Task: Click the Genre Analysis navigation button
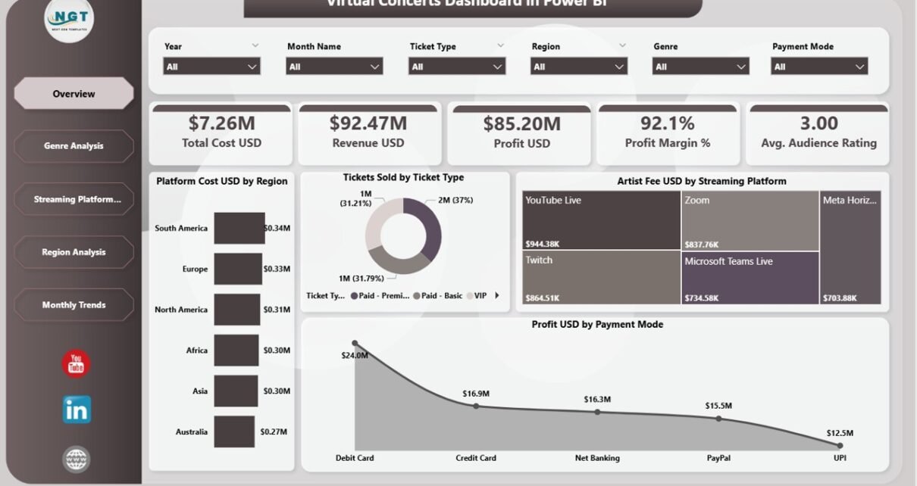[x=74, y=146]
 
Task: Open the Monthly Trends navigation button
[x=74, y=305]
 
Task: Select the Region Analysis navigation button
[x=74, y=252]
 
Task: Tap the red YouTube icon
[x=76, y=364]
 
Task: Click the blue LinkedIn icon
[x=77, y=410]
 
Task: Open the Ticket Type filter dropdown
[x=457, y=67]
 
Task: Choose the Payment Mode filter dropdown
[x=819, y=67]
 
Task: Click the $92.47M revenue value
[x=368, y=123]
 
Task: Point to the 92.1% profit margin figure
[x=667, y=123]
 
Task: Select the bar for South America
[x=239, y=228]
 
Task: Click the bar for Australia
[x=234, y=431]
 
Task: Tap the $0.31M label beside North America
[x=277, y=310]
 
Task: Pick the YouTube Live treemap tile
[x=602, y=220]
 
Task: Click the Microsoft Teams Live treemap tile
[x=750, y=277]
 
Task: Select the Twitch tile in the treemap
[x=602, y=277]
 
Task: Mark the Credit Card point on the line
[x=476, y=406]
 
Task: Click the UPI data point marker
[x=840, y=445]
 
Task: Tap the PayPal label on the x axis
[x=718, y=458]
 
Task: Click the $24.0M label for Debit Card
[x=354, y=355]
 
